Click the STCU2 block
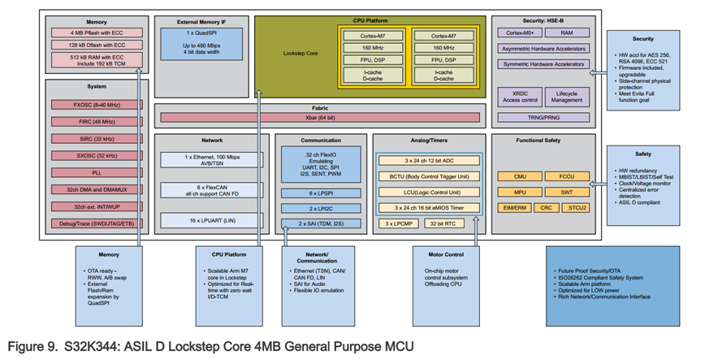[x=579, y=208]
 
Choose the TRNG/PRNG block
[x=546, y=117]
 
